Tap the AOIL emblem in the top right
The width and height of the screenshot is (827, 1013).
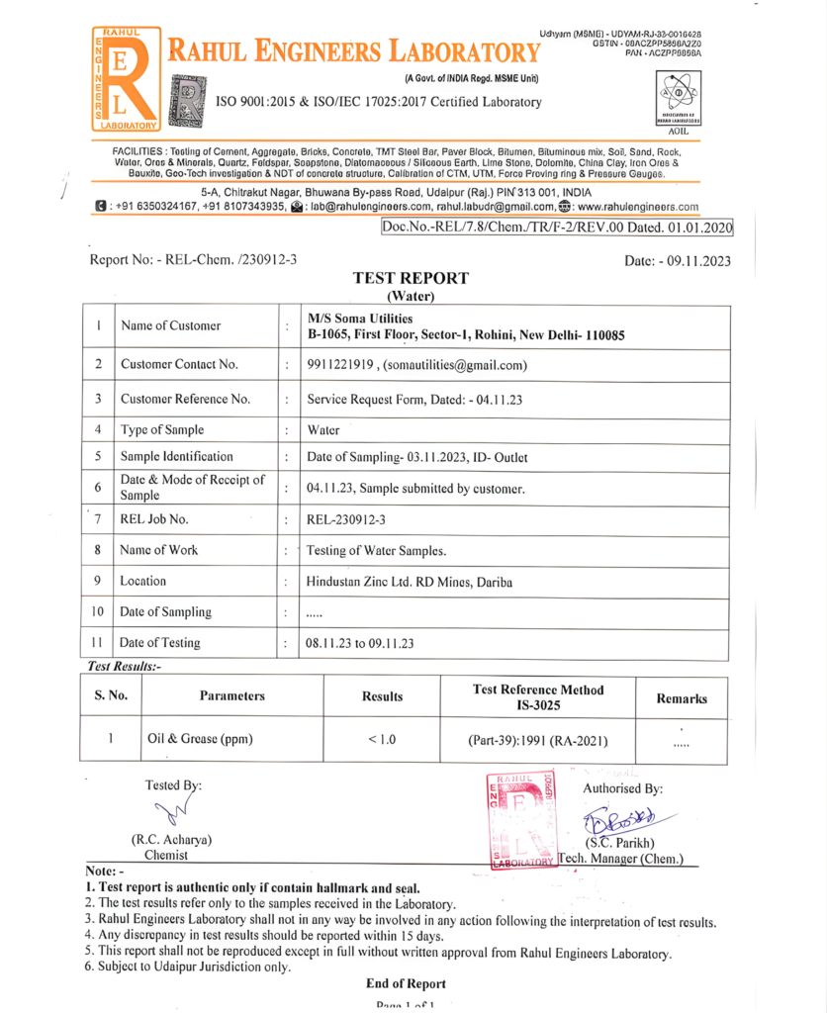pyautogui.click(x=677, y=105)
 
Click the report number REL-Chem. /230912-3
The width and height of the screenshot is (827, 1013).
pyautogui.click(x=193, y=259)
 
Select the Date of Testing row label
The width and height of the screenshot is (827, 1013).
pyautogui.click(x=160, y=642)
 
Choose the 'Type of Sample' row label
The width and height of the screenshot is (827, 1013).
pyautogui.click(x=162, y=429)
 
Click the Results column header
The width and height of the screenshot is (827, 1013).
pyautogui.click(x=382, y=696)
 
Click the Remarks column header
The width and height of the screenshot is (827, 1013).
pyautogui.click(x=683, y=697)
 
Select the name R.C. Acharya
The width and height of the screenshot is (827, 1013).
pyautogui.click(x=171, y=840)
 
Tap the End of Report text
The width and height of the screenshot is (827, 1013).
pyautogui.click(x=406, y=983)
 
